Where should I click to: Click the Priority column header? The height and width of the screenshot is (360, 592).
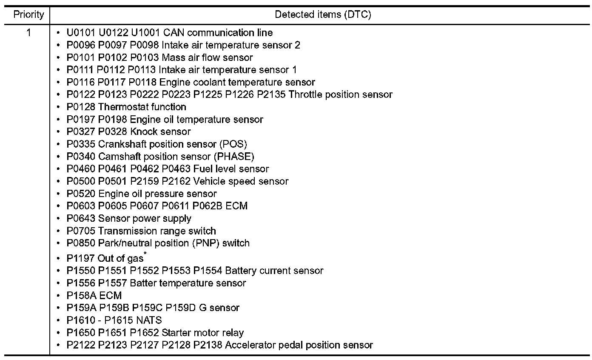point(28,15)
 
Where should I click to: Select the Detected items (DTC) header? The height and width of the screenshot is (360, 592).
point(323,15)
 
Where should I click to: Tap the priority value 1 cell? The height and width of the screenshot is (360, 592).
point(28,33)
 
